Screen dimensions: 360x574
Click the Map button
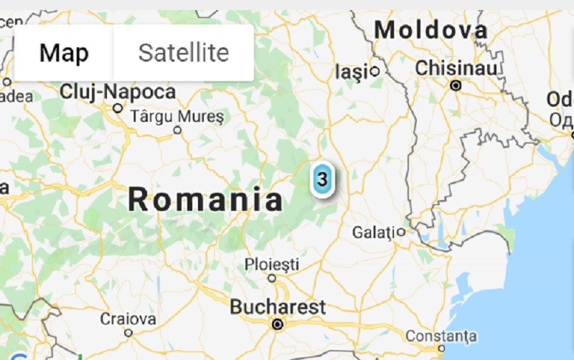[x=64, y=52]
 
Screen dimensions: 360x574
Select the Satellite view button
[x=184, y=52]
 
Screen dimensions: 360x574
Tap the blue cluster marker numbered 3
[x=322, y=179]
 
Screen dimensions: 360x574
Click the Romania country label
[x=205, y=199]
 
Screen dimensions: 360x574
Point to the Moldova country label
[x=431, y=30]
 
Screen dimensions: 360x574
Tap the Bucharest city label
[x=278, y=307]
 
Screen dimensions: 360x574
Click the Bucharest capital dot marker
[x=278, y=325]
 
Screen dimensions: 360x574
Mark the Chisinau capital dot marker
[x=455, y=85]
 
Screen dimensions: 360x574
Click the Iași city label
[x=352, y=71]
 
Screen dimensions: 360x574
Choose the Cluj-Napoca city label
[x=118, y=92]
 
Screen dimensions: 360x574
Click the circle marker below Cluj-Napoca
[x=118, y=108]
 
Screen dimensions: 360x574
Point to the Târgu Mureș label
[x=177, y=115]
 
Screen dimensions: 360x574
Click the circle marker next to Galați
[x=400, y=232]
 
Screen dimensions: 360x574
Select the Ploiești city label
[x=272, y=263]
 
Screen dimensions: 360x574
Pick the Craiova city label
[x=128, y=318]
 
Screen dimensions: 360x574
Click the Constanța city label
[x=441, y=336]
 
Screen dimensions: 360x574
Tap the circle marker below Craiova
[x=128, y=333]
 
